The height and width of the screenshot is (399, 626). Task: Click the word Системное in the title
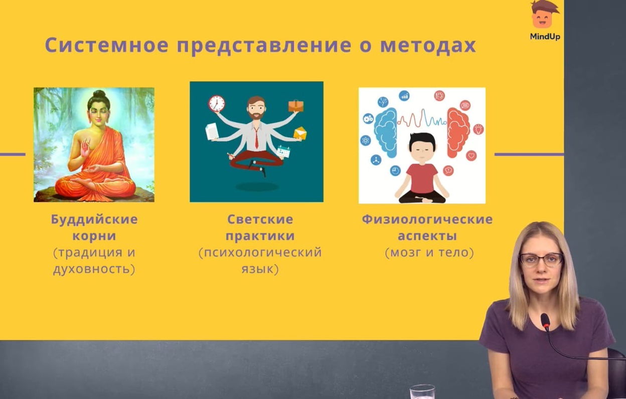pos(107,45)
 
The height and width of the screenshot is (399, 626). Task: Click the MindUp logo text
pos(545,37)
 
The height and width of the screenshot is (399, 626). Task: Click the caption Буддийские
pos(94,220)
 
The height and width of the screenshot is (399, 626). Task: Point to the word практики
pos(260,236)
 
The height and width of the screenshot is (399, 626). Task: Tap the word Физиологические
pos(427,219)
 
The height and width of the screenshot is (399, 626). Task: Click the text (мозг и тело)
pos(429,253)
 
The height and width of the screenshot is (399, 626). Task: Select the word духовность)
pos(94,269)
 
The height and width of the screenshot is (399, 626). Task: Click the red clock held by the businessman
pos(217,104)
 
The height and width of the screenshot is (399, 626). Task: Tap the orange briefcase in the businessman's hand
pos(296,106)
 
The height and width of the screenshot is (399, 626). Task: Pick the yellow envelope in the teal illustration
pos(300,133)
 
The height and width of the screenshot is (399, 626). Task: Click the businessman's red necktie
pos(256,138)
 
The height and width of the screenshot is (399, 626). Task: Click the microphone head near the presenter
pos(545,322)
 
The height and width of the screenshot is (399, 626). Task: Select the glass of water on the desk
pos(422,392)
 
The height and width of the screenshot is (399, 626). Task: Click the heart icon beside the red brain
pos(471,155)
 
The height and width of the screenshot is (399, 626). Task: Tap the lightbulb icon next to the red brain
pos(479,129)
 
